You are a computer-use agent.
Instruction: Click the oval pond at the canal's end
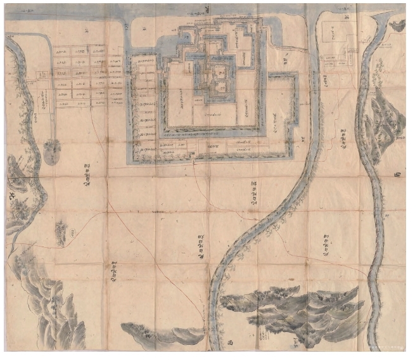[52, 152]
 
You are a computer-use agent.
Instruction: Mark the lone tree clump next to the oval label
[61, 231]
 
